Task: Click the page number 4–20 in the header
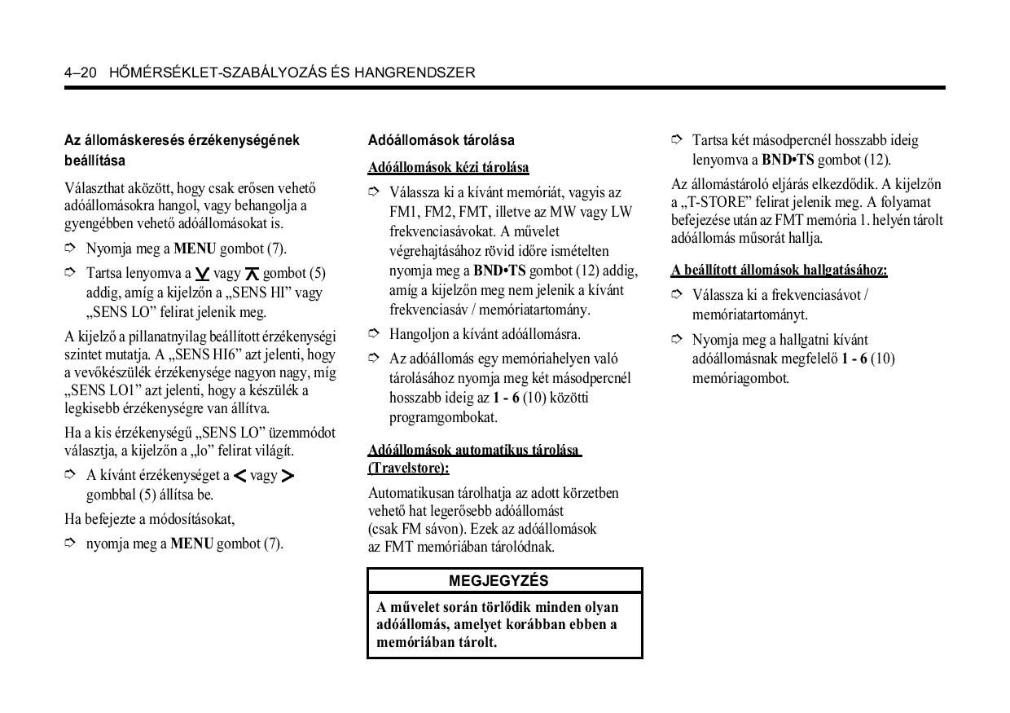(x=81, y=73)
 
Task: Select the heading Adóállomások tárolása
(x=441, y=140)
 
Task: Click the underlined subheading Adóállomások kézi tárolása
(x=448, y=168)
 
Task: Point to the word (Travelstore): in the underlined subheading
(x=408, y=469)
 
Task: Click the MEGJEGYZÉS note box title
(x=498, y=581)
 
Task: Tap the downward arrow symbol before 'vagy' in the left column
(x=203, y=275)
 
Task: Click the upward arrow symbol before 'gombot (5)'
(x=252, y=275)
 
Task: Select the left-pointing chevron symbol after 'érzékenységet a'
(x=239, y=476)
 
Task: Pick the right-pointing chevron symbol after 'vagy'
(x=288, y=476)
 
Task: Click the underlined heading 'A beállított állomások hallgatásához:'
(x=779, y=270)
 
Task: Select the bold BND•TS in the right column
(x=788, y=160)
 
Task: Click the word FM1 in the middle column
(x=403, y=212)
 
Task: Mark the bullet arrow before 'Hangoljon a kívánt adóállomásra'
(x=374, y=333)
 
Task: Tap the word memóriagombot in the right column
(x=740, y=378)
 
